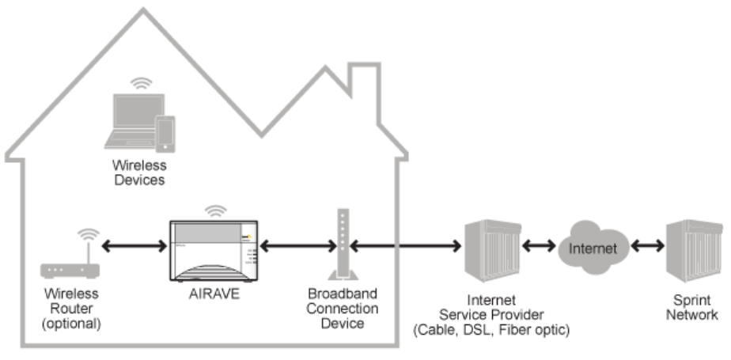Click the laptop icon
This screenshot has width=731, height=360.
(135, 119)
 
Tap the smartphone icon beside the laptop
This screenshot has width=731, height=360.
(165, 134)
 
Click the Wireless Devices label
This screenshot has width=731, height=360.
(138, 173)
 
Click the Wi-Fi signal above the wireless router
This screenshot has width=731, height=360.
(88, 235)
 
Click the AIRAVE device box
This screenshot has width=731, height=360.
(214, 249)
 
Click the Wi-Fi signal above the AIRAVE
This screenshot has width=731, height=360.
(214, 210)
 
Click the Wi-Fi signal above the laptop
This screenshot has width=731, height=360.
(142, 82)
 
